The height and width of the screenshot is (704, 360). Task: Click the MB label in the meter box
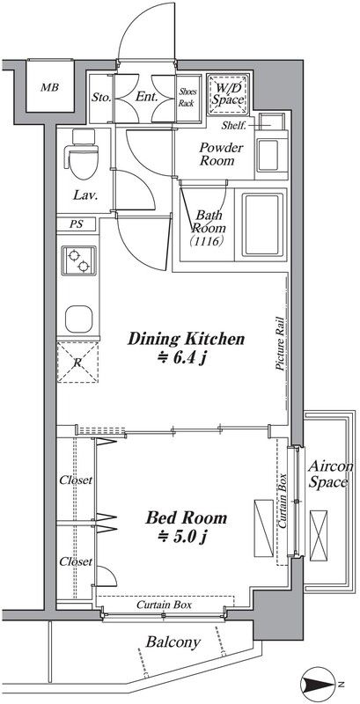tap(49, 87)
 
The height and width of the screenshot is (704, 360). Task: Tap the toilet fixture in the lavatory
tap(81, 154)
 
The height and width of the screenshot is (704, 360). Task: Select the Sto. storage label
tap(101, 97)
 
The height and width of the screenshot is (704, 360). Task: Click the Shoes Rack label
tap(187, 97)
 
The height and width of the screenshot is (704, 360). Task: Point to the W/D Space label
tap(228, 93)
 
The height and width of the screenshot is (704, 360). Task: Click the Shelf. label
tap(234, 126)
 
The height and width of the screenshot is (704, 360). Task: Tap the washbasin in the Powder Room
tap(269, 155)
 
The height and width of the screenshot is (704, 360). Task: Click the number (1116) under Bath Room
tap(206, 241)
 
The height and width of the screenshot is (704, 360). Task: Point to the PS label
tap(77, 224)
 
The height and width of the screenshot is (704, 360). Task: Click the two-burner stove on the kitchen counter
tap(78, 260)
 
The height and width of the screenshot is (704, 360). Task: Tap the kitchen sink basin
tap(78, 319)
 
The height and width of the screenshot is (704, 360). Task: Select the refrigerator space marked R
tap(77, 363)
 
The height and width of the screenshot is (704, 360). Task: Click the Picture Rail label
tap(280, 342)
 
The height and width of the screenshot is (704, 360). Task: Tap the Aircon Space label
tap(328, 474)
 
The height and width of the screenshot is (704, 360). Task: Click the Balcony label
tap(173, 642)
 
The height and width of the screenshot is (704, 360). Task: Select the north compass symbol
tap(320, 685)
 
